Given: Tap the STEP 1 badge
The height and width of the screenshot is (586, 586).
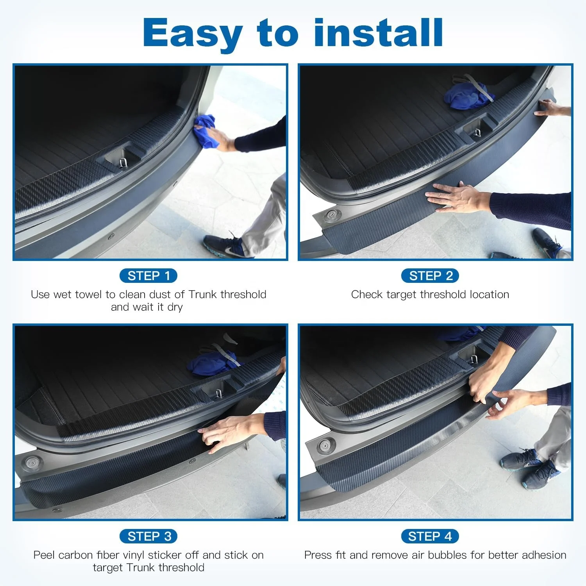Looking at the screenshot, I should pyautogui.click(x=148, y=276).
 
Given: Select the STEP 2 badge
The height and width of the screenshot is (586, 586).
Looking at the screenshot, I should pyautogui.click(x=430, y=276).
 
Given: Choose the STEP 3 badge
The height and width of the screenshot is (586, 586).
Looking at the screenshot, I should pyautogui.click(x=148, y=536).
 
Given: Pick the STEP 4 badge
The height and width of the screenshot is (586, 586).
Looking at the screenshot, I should pyautogui.click(x=430, y=536).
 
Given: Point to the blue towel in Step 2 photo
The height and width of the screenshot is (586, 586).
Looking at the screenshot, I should pyautogui.click(x=465, y=96).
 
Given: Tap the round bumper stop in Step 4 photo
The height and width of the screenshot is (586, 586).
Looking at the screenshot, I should pyautogui.click(x=325, y=445).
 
